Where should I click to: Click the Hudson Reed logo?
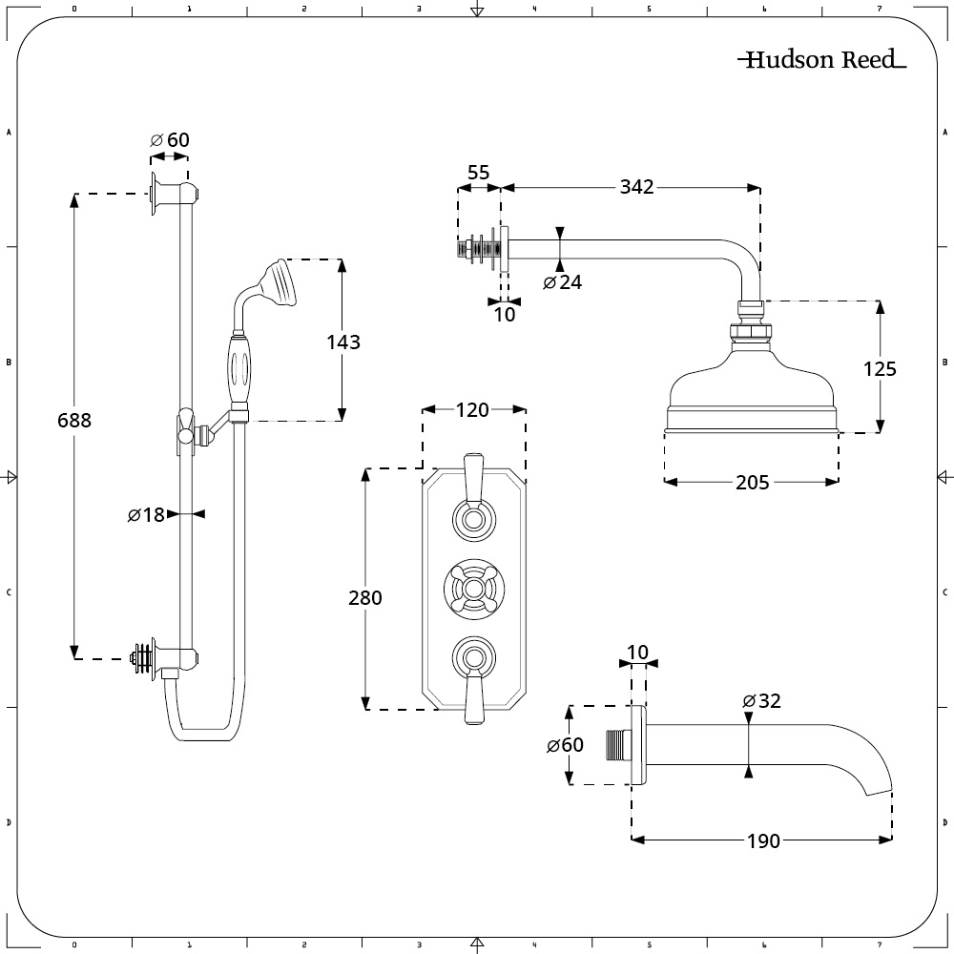pos(821,59)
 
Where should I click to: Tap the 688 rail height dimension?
pos(74,420)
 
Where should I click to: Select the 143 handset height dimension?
pos(343,342)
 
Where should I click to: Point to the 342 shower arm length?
pos(636,187)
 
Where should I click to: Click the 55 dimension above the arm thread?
pos(478,173)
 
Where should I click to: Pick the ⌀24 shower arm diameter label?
pos(562,282)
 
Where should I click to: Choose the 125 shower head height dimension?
pos(880,368)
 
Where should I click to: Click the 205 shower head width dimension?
pos(753,483)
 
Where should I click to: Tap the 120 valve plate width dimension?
pos(473,410)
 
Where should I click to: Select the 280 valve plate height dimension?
pos(365,597)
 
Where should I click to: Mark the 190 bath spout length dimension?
pos(763,840)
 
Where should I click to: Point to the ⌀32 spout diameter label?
pos(761,701)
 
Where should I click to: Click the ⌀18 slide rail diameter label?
pos(146,515)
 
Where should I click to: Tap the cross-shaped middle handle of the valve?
pos(474,589)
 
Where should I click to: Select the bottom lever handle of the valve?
pos(473,680)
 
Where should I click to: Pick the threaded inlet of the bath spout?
pos(617,745)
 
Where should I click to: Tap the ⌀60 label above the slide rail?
pos(170,140)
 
